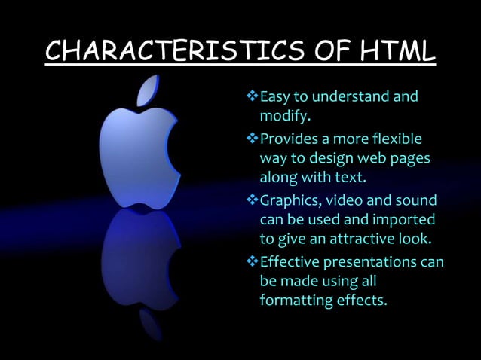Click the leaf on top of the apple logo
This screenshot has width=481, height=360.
pyautogui.click(x=148, y=90)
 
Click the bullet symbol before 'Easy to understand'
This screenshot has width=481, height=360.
pyautogui.click(x=253, y=97)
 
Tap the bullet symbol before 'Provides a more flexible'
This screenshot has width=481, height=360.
pyautogui.click(x=253, y=139)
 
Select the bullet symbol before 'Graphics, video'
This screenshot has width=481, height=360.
pyautogui.click(x=253, y=201)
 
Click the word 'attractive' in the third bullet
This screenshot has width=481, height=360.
pyautogui.click(x=379, y=241)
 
